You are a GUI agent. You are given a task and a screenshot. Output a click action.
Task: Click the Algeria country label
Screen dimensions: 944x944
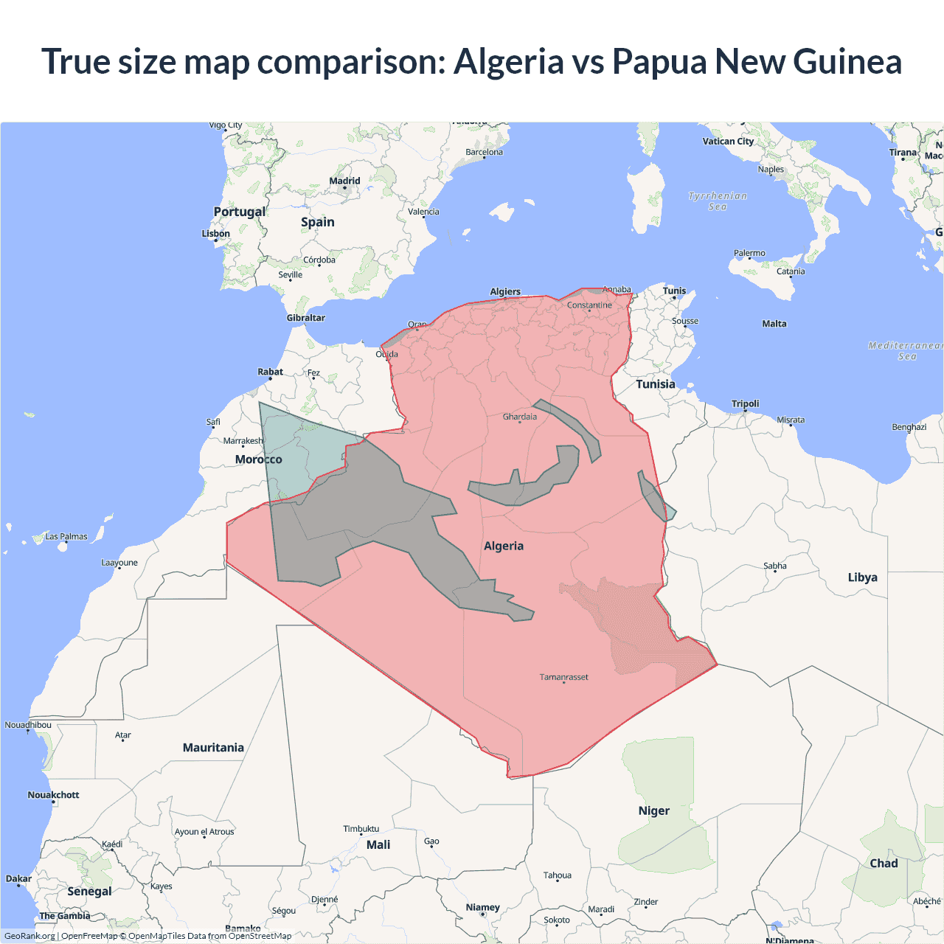click(504, 546)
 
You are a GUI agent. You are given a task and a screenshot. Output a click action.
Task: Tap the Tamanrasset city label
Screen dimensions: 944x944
click(563, 677)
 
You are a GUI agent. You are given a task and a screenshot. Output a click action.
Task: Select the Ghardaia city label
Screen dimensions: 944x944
click(520, 417)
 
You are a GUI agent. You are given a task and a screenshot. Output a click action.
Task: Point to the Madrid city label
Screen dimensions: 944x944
click(344, 181)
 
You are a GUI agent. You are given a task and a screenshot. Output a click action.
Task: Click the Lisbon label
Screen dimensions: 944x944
click(216, 234)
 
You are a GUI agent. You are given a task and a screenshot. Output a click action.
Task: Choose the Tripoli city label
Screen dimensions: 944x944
click(745, 403)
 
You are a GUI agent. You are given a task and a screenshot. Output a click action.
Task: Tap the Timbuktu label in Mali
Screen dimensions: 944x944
click(361, 829)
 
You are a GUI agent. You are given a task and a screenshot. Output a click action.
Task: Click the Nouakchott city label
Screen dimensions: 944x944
click(53, 795)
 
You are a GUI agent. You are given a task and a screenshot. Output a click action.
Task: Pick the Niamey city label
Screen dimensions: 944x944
click(482, 907)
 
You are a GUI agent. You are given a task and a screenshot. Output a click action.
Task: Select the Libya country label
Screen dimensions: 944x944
click(862, 577)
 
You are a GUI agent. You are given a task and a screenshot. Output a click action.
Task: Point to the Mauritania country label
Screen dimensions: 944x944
click(213, 748)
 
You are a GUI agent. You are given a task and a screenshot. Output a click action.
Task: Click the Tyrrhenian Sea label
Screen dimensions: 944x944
click(718, 201)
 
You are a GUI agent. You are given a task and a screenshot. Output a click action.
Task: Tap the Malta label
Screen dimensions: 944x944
click(774, 324)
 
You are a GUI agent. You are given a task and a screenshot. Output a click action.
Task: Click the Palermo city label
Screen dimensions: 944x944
click(749, 253)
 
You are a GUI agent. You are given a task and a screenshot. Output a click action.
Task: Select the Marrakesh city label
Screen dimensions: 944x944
click(243, 441)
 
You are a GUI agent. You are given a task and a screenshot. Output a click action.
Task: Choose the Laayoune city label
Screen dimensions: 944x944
click(119, 563)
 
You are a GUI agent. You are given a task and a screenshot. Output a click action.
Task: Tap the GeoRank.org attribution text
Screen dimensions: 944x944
click(29, 936)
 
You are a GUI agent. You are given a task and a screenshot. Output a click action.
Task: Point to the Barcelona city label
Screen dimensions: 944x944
click(484, 152)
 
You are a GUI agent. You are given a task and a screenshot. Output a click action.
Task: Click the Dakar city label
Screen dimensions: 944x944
click(18, 878)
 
